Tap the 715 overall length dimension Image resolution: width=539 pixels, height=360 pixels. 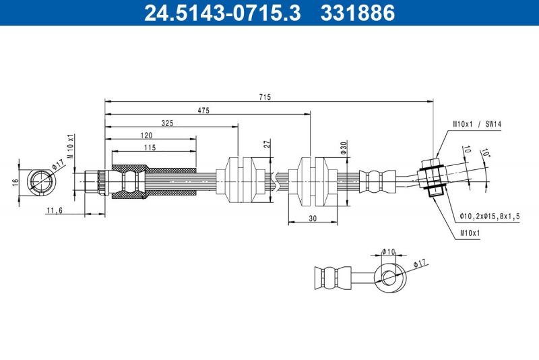265,97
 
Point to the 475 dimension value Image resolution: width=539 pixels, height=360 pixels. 205,110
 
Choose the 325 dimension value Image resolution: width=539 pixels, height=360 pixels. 169,123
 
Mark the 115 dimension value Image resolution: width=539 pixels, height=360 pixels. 150,147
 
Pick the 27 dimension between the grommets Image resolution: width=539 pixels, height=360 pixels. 267,144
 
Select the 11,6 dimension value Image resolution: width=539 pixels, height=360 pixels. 55,210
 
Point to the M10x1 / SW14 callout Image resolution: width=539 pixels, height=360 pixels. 477,124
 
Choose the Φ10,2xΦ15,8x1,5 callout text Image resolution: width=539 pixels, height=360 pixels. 490,216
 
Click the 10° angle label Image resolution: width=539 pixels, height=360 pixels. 484,154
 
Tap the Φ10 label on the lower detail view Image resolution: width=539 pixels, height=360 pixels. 388,251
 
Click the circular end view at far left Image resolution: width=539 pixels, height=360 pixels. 41,181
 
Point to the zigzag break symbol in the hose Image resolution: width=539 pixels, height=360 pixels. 276,181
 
